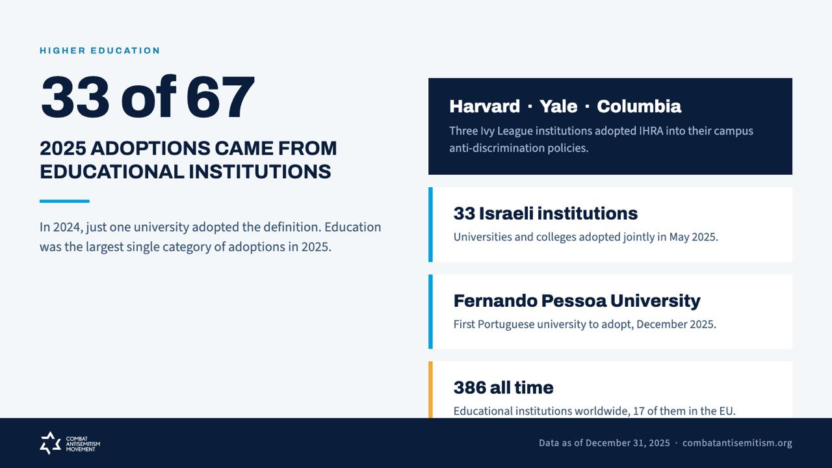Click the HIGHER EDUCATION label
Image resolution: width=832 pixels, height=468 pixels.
[x=99, y=51]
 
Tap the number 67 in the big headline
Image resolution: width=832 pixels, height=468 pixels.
[x=220, y=97]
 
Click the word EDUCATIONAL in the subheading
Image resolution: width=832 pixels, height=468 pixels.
[x=112, y=172]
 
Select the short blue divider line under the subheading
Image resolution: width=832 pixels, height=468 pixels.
[x=64, y=201]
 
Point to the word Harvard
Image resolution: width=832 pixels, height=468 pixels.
[x=484, y=107]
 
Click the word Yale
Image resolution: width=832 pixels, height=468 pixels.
[x=558, y=107]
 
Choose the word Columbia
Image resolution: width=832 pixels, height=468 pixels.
[x=639, y=107]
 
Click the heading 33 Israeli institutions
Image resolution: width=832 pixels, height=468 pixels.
[x=545, y=214]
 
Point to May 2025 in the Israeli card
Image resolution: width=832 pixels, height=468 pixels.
[x=693, y=237]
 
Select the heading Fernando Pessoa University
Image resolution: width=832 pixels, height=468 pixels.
[x=577, y=301]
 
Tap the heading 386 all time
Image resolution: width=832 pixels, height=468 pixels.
[x=503, y=388]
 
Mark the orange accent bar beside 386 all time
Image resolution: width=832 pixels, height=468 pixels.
[x=430, y=389]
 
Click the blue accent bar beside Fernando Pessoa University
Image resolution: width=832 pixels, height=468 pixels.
[x=430, y=311]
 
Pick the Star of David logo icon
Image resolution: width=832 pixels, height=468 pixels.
[x=50, y=443]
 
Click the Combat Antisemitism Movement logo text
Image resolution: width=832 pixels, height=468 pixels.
[x=83, y=444]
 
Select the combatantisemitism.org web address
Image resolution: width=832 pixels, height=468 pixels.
[x=737, y=443]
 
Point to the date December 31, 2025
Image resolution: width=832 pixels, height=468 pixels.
[x=628, y=443]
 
